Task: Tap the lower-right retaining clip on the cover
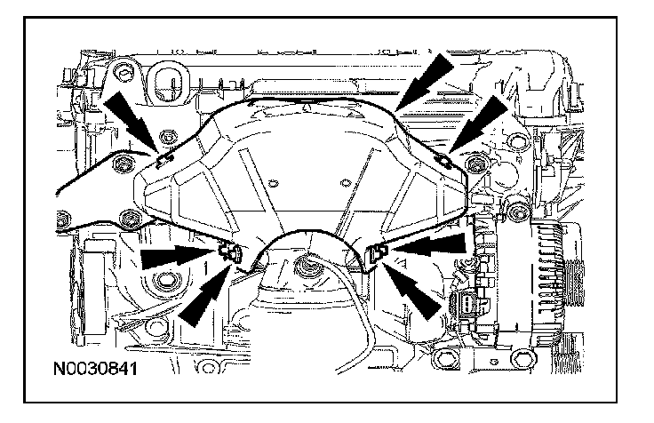coord(377,252)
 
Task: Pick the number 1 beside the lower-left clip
coord(211,264)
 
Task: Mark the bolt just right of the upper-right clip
coord(472,163)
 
